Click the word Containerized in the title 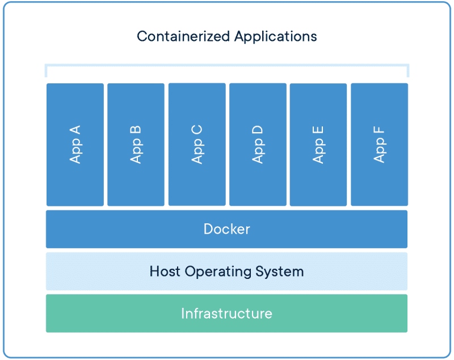pyautogui.click(x=183, y=36)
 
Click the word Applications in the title pyautogui.click(x=276, y=37)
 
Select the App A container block pyautogui.click(x=75, y=145)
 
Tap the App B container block pyautogui.click(x=136, y=145)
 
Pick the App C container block pyautogui.click(x=197, y=145)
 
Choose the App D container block pyautogui.click(x=258, y=145)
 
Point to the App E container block pyautogui.click(x=318, y=145)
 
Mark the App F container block pyautogui.click(x=379, y=145)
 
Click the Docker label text pyautogui.click(x=226, y=229)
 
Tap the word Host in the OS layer pyautogui.click(x=165, y=271)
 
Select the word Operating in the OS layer pyautogui.click(x=218, y=272)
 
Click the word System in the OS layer pyautogui.click(x=279, y=272)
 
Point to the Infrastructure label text pyautogui.click(x=226, y=314)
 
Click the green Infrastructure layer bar pyautogui.click(x=226, y=314)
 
